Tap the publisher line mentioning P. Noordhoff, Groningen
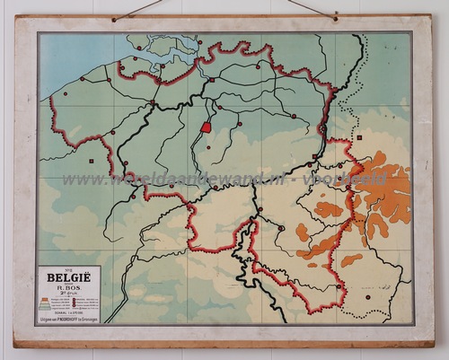(69, 316)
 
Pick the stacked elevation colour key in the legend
(47, 303)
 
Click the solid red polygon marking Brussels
(206, 127)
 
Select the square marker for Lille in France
(91, 161)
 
